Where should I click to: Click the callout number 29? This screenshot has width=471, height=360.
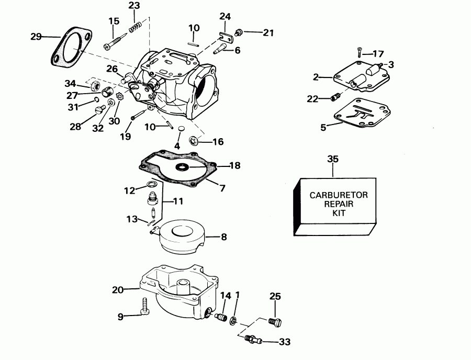36,37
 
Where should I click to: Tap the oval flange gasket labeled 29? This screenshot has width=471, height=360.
71,46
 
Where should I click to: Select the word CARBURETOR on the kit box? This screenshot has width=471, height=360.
339,195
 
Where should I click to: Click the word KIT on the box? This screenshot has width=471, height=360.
339,213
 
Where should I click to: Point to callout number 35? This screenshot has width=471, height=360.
333,159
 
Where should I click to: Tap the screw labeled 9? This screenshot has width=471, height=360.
145,306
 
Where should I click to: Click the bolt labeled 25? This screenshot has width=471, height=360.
275,322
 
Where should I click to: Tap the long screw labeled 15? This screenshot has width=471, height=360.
117,42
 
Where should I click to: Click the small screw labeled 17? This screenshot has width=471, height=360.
359,52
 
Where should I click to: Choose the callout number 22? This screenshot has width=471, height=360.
312,99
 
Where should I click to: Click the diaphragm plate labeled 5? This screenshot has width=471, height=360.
362,113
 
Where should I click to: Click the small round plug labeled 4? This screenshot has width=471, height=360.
181,129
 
